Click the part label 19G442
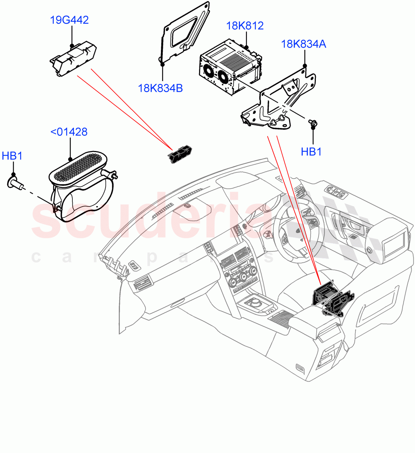pos(69,20)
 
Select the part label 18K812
pos(245,26)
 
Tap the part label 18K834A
pos(303,44)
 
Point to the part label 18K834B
pos(161,88)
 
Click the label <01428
pos(69,132)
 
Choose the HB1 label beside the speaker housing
pos(12,156)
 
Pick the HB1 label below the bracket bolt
pos(311,152)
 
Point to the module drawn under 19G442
pos(74,58)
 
